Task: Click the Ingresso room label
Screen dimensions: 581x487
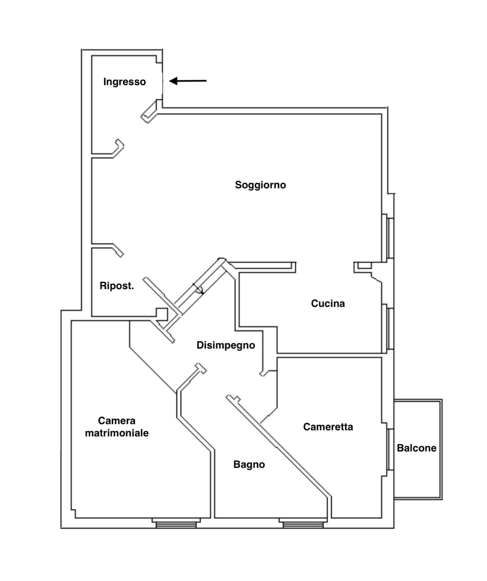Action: (124, 82)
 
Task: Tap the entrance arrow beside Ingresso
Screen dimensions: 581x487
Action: (188, 81)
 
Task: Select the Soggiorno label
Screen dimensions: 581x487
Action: (260, 185)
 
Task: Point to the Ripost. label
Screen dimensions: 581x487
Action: (117, 286)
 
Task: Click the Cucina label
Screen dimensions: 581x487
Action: (328, 304)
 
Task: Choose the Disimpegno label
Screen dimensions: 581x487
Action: (225, 345)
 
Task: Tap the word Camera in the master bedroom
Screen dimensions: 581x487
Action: (117, 421)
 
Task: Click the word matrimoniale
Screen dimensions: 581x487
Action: (117, 433)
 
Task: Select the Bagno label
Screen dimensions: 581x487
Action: (249, 464)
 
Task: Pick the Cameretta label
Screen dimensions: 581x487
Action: (328, 427)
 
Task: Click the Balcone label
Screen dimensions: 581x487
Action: (417, 448)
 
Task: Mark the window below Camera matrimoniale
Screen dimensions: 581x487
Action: (176, 524)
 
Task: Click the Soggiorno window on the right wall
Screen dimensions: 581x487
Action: (390, 238)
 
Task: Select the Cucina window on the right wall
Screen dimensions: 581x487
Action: (390, 328)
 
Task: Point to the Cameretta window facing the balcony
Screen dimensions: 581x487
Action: (390, 449)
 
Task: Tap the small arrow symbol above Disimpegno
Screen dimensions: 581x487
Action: (199, 289)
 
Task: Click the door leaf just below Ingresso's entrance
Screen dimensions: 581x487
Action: (150, 112)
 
